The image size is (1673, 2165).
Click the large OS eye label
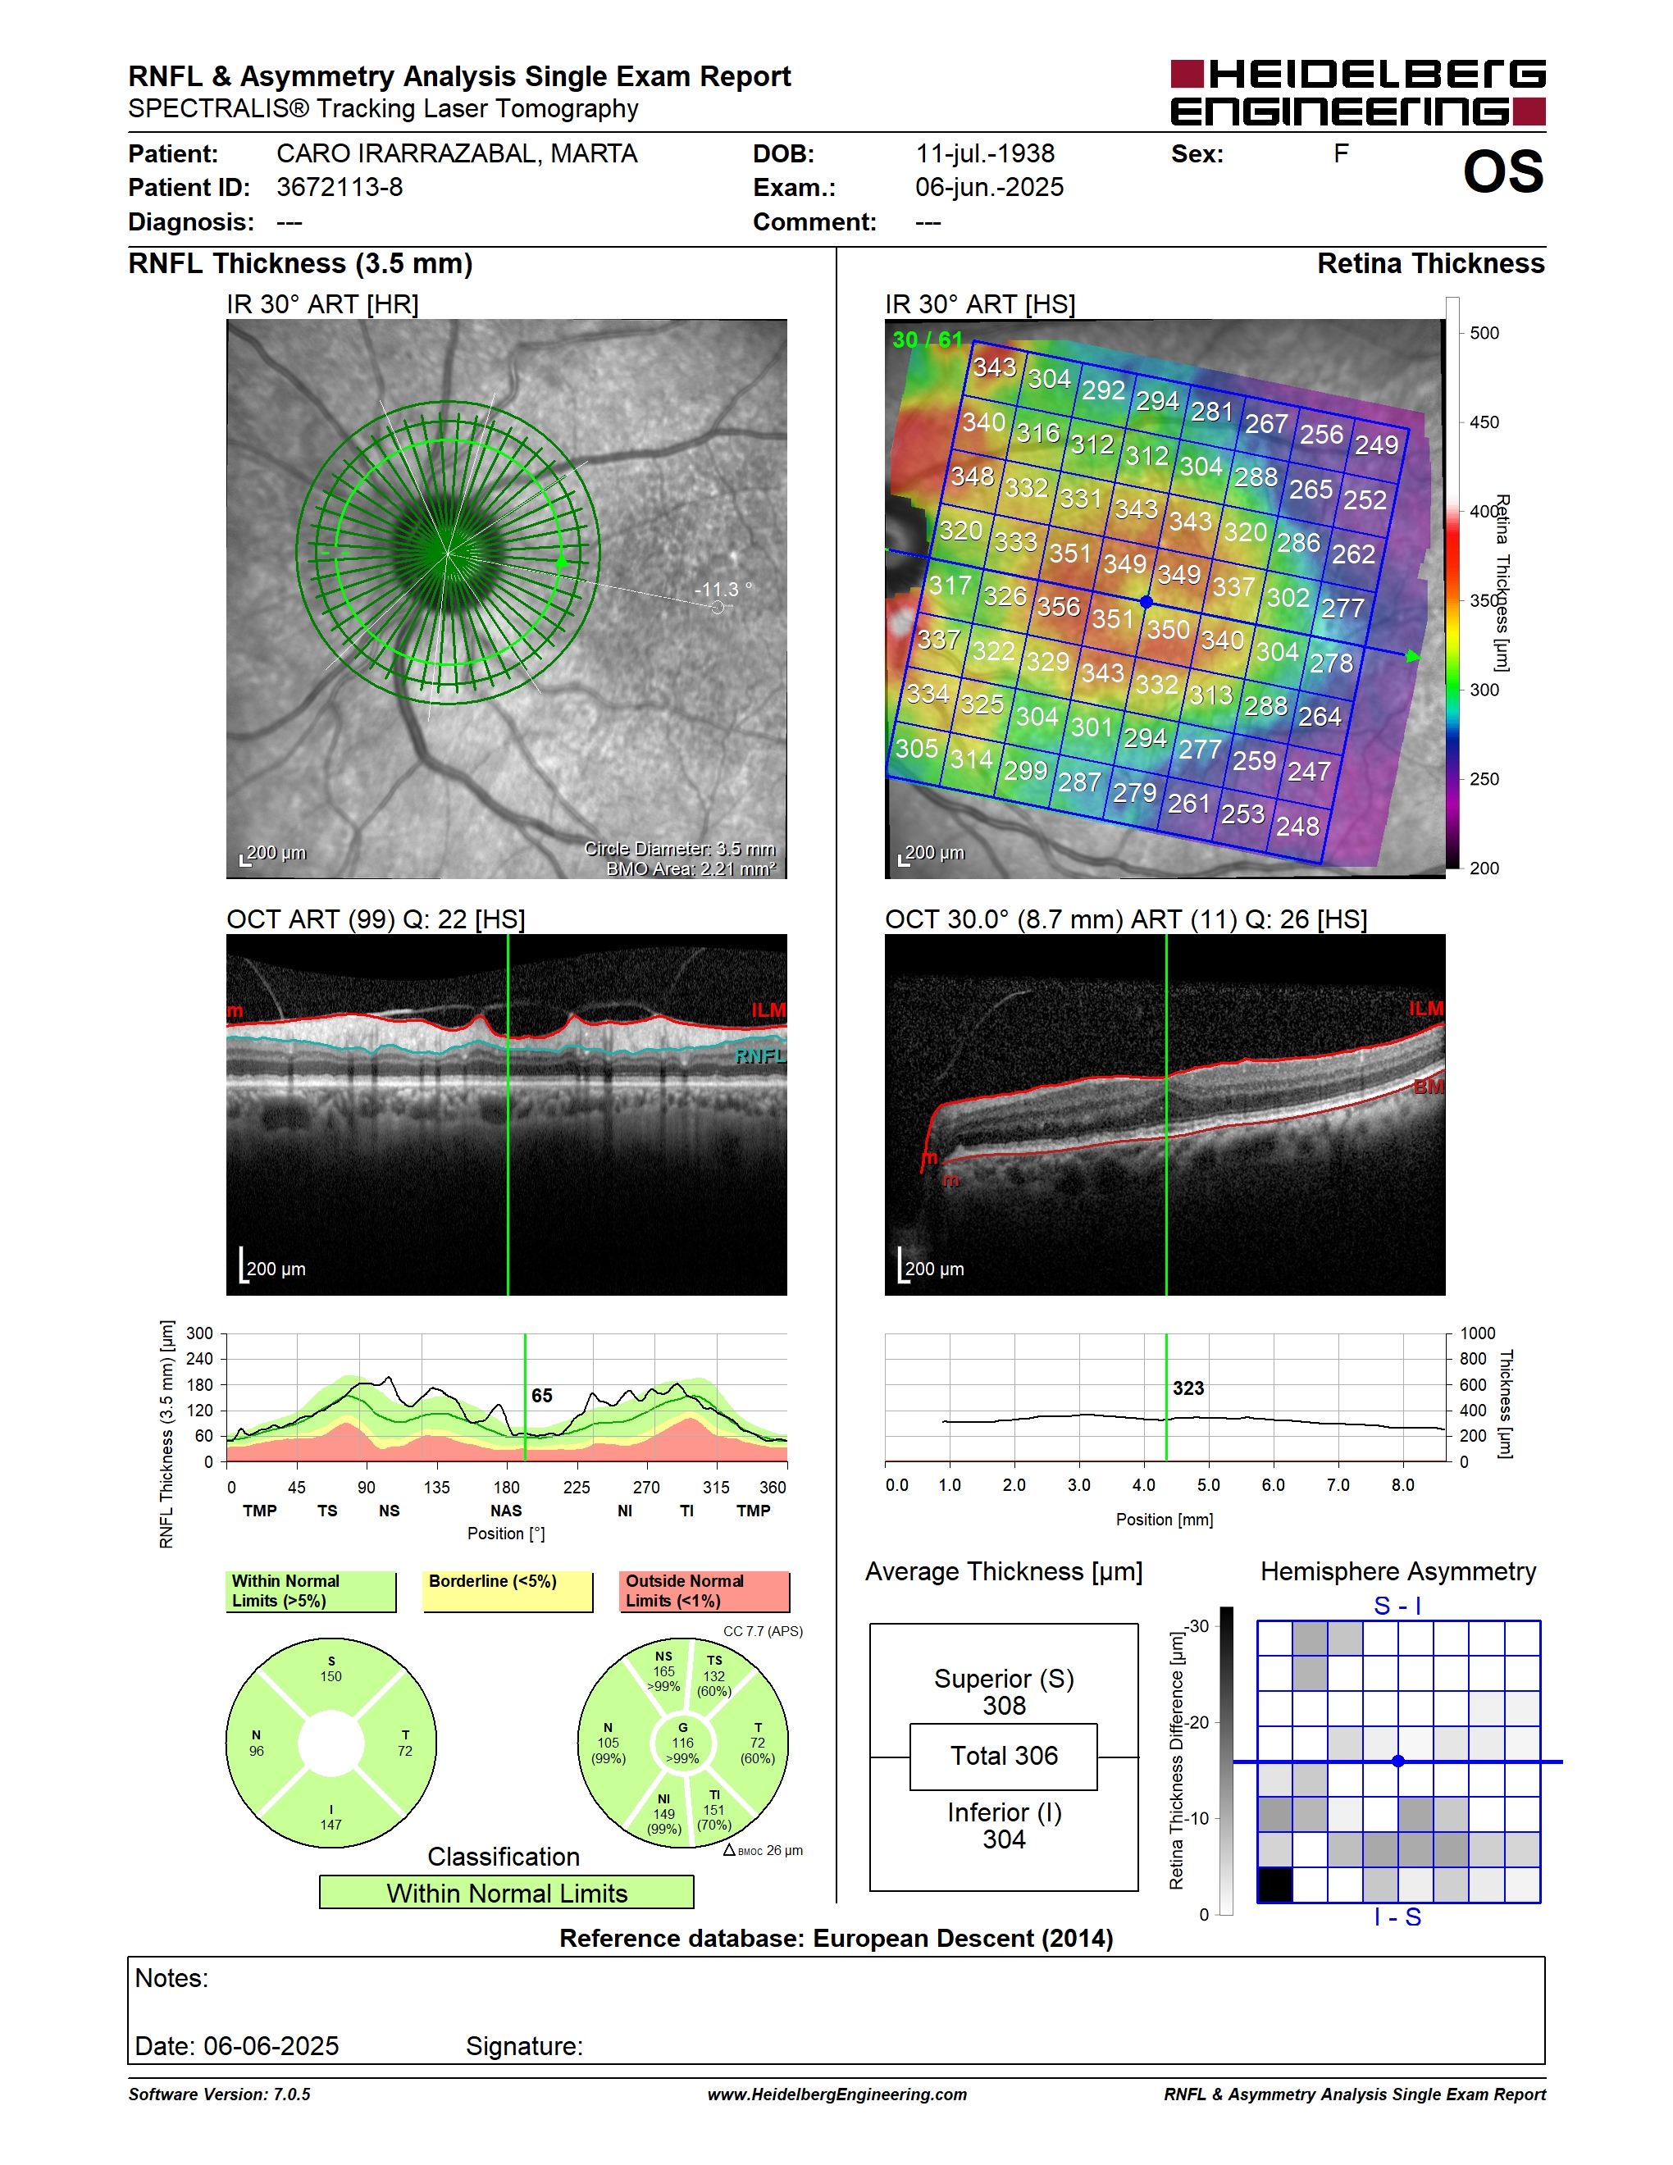(x=1502, y=171)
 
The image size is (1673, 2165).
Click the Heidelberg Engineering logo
(x=1358, y=92)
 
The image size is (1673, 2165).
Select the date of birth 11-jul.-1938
(x=984, y=153)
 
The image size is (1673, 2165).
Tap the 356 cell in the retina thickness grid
(x=1058, y=606)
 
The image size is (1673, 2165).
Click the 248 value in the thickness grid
(x=1297, y=826)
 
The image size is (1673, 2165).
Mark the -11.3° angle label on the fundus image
(x=723, y=589)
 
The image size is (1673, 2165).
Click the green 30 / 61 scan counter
(x=927, y=339)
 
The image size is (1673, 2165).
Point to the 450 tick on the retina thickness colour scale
(x=1484, y=422)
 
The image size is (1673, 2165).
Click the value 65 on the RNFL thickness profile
(x=541, y=1395)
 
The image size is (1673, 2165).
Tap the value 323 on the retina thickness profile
(x=1188, y=1388)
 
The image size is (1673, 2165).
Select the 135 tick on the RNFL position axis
(x=436, y=1487)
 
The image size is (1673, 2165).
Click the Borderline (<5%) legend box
(x=508, y=1591)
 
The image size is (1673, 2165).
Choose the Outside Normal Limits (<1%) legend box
(x=704, y=1591)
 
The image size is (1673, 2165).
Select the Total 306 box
(x=1003, y=1757)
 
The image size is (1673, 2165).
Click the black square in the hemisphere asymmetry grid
(x=1274, y=1885)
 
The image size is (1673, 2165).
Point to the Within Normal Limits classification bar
(x=507, y=1893)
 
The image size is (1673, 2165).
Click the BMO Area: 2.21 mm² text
(x=691, y=868)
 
